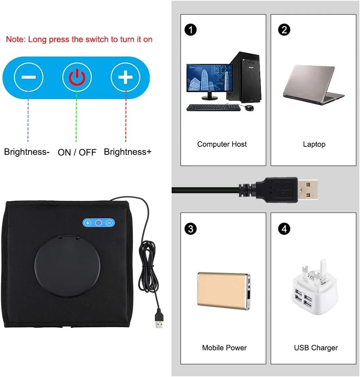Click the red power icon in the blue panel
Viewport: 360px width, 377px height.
pos(77,77)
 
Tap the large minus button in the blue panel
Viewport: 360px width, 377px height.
pos(28,77)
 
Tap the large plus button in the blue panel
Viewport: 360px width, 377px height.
pos(125,77)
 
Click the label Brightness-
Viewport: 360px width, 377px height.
pos(27,152)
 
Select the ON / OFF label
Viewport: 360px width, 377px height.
pos(77,152)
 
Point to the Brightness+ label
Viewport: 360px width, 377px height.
pos(128,152)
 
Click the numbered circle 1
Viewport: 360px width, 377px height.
pos(190,30)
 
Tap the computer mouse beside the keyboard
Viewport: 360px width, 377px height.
pos(249,108)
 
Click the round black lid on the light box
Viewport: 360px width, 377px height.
pos(67,266)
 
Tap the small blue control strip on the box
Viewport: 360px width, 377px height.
pos(98,223)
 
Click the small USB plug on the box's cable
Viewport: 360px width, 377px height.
pos(159,322)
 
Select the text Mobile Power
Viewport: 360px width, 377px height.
pos(224,348)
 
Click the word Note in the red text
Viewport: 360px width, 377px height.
pos(15,39)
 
